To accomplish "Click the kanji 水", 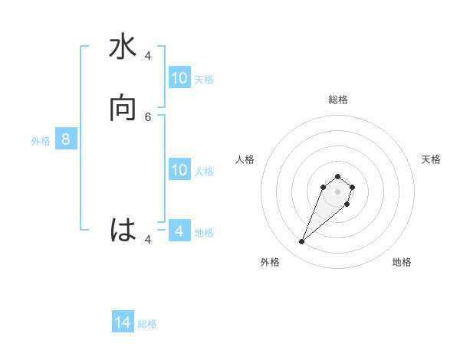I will coord(123,48).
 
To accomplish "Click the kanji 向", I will coord(123,109).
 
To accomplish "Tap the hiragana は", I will coord(123,230).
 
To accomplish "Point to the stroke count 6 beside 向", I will coord(148,116).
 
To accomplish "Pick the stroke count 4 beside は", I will coord(148,239).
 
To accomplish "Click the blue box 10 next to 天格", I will coord(179,78).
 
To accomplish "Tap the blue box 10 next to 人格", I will coord(179,170).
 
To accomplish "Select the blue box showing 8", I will coord(66,139).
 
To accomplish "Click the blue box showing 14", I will coord(123,323).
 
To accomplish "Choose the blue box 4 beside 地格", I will coord(179,231).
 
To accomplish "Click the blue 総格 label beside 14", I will coord(147,324).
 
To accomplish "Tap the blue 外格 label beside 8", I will coord(41,140).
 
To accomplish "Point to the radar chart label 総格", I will coord(337,100).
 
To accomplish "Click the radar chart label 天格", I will coord(431,159).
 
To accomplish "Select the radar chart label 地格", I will coord(402,262).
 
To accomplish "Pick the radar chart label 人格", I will coord(245,159).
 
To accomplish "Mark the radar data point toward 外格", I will coord(302,242).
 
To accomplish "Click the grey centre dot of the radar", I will coord(337,191).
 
